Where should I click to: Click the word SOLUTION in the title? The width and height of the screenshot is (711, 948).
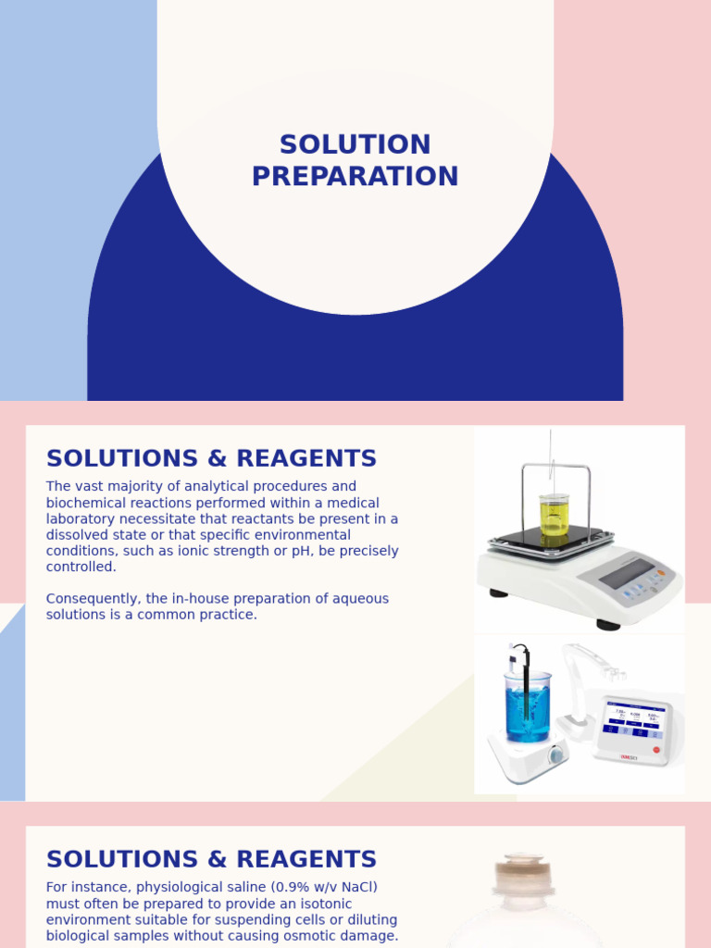355,145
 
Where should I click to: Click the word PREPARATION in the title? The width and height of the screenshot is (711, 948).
355,177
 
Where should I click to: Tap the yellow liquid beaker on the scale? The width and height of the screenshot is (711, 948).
554,515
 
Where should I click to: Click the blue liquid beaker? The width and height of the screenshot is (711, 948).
528,707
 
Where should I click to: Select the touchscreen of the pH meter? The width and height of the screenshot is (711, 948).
633,719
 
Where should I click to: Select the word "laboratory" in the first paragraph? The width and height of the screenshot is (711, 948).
81,519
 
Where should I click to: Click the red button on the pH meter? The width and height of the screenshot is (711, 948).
657,749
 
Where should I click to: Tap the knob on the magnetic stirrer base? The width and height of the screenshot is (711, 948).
555,755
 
